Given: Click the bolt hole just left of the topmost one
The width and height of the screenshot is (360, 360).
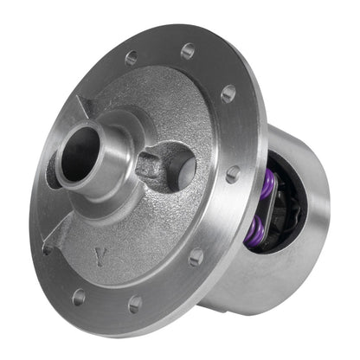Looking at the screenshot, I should [132, 58].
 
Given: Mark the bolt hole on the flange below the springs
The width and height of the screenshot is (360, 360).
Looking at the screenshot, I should [196, 257].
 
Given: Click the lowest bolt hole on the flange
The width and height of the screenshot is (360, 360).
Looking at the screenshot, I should [135, 304].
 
